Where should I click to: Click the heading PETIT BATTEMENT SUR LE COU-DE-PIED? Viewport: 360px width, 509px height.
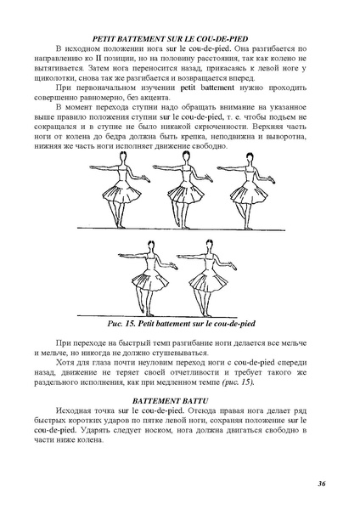pos(180,39)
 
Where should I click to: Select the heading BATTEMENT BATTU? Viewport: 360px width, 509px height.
pos(180,398)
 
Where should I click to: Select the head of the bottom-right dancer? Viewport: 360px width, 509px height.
pos(205,246)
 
